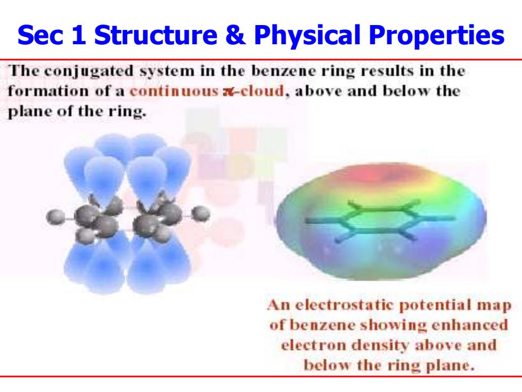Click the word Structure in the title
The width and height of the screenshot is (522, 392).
click(156, 35)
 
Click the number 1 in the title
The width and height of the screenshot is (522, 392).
click(79, 35)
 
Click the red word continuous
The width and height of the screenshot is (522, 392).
click(174, 91)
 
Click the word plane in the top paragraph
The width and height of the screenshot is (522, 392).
click(30, 112)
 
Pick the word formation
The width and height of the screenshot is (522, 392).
click(48, 91)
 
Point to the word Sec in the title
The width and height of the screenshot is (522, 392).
click(40, 35)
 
